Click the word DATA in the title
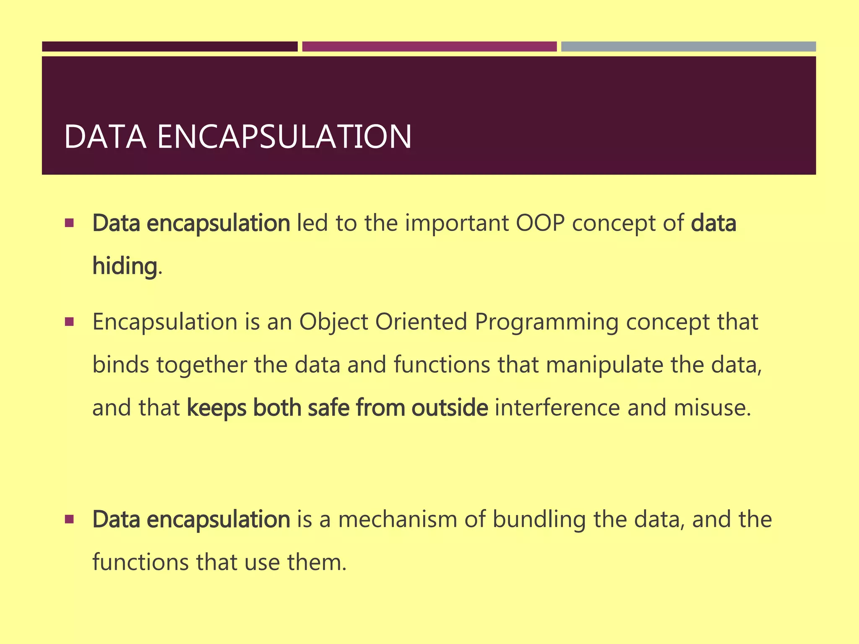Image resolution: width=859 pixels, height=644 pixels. click(105, 137)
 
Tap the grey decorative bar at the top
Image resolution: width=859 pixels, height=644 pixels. click(688, 47)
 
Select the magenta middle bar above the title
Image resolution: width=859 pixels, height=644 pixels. click(429, 47)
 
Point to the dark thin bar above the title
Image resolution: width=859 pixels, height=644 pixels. click(169, 47)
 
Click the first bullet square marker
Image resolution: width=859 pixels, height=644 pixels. click(70, 223)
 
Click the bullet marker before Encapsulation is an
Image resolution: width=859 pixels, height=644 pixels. click(70, 322)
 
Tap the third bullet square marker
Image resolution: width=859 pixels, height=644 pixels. click(70, 519)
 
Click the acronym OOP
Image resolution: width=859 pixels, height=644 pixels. click(540, 223)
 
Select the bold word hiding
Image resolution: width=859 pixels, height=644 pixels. click(125, 266)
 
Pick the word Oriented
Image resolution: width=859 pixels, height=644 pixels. click(421, 322)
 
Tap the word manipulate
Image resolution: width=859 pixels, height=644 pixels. click(604, 365)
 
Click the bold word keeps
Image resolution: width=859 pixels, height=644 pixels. click(216, 408)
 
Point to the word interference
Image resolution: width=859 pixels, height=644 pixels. click(557, 408)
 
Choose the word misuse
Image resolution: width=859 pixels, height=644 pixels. click(712, 408)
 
